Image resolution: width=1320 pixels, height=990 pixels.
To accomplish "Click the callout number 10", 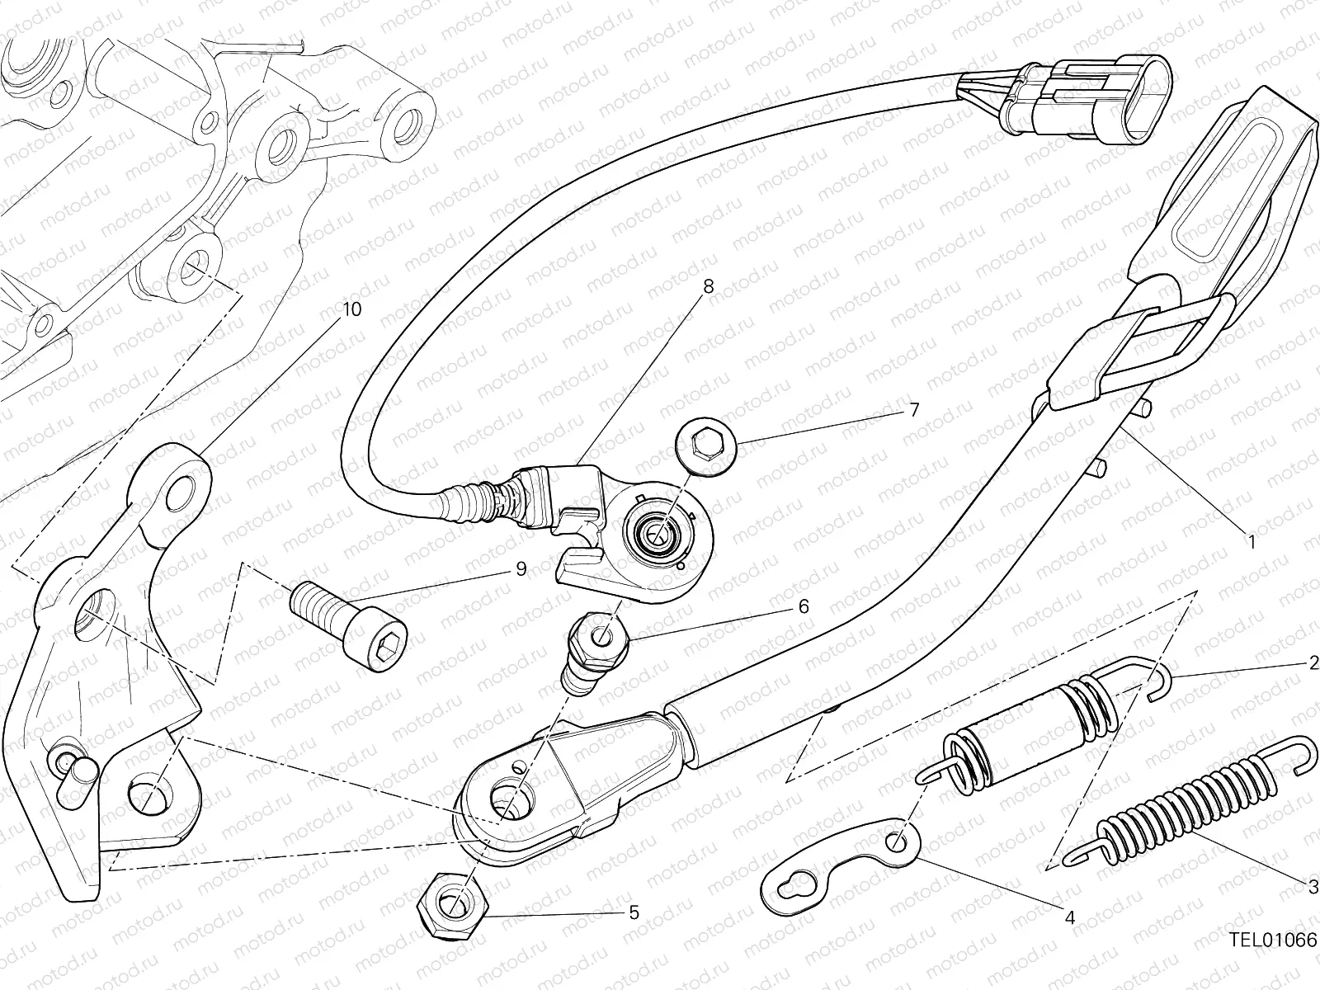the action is click(351, 309).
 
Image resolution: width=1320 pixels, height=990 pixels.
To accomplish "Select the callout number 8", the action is click(709, 287).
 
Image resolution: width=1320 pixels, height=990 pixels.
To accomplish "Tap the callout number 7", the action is click(914, 410).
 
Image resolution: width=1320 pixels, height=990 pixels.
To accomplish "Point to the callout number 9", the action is click(521, 568).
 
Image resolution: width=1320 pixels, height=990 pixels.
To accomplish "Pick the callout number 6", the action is click(804, 606).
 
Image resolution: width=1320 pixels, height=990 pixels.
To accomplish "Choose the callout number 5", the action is click(634, 913).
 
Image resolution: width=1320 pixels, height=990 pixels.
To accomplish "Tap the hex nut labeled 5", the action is click(453, 906).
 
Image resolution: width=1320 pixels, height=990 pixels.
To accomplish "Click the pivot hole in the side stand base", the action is click(511, 799).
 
